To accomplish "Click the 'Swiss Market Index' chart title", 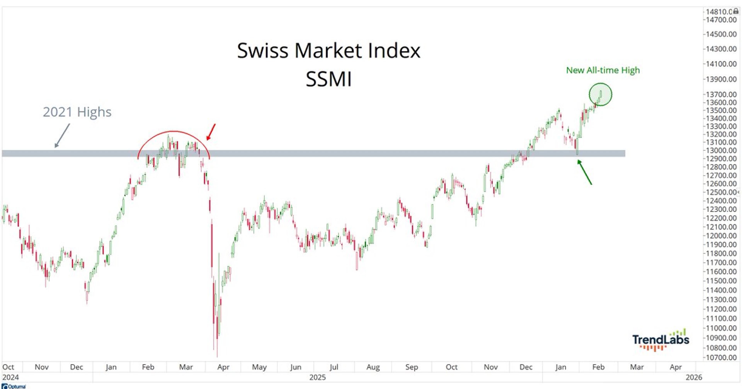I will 328,51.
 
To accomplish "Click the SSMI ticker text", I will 328,79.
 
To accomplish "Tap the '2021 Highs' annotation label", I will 77,112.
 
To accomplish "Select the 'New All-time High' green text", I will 603,70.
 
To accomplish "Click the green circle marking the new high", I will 600,94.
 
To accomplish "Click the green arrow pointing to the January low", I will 585,172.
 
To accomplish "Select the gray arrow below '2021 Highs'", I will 62,135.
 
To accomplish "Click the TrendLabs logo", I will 660,340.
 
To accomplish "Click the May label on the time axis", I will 259,367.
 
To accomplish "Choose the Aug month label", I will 373,367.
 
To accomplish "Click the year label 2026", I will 694,377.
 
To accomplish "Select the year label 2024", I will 10,377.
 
